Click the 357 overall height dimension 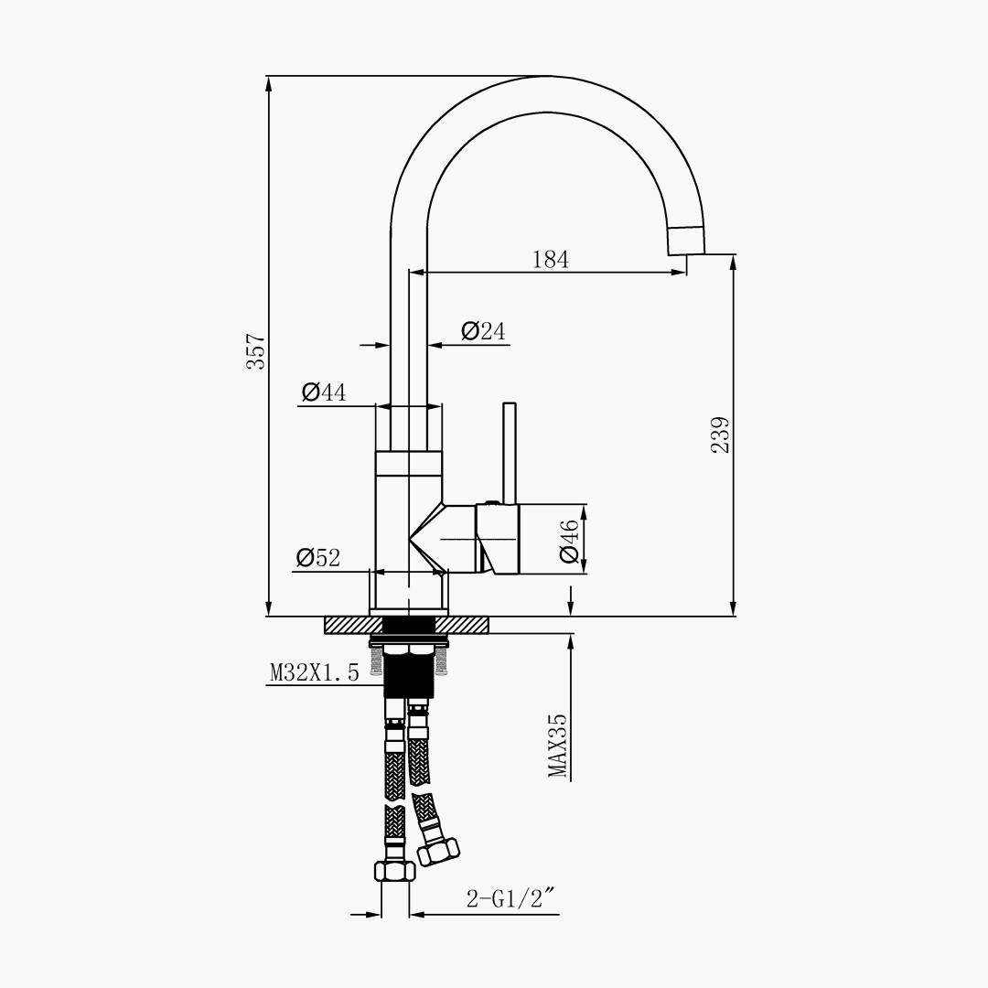coord(256,351)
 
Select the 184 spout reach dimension coord(551,259)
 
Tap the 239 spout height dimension coord(720,435)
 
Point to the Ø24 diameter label coord(483,331)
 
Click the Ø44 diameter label coord(324,392)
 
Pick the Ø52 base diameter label coord(318,557)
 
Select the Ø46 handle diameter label coord(568,542)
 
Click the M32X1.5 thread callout coord(315,673)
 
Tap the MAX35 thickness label coord(558,746)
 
